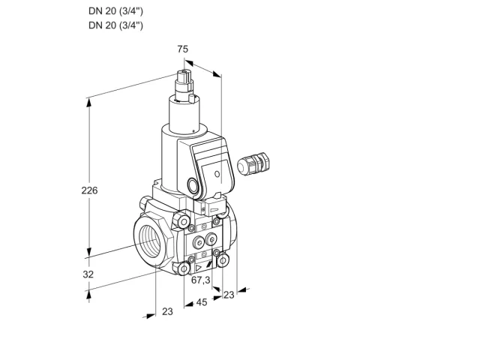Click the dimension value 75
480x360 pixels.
pos(183,49)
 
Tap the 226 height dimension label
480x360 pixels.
pos(89,190)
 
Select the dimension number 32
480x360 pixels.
pos(88,274)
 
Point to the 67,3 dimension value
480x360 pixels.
pos(201,280)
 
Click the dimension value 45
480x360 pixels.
pos(202,302)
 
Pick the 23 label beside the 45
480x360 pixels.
pos(229,295)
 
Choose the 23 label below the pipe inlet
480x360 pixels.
pos(167,311)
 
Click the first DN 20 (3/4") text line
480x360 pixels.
pos(115,11)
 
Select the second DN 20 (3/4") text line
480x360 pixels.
pos(115,25)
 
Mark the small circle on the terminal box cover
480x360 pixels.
pos(217,174)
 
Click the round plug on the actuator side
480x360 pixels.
pos(193,186)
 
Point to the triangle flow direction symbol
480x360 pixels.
pos(198,268)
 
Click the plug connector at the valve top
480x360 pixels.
pos(185,82)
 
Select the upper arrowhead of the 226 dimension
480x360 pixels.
pos(88,103)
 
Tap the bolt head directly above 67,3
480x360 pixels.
pos(184,268)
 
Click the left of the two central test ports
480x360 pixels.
pos(199,243)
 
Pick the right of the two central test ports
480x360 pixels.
pos(211,239)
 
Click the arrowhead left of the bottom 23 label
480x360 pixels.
pos(151,316)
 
